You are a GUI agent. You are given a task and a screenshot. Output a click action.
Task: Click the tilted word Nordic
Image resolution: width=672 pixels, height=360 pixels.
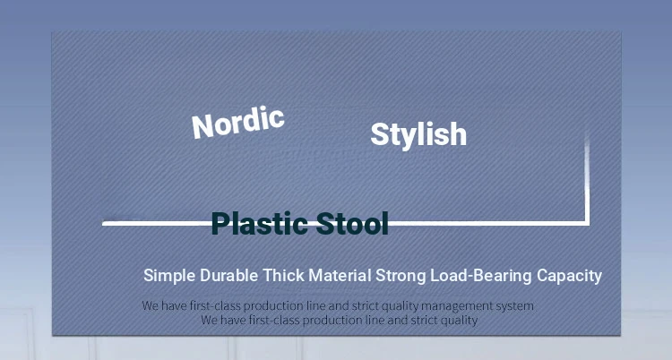tap(237, 123)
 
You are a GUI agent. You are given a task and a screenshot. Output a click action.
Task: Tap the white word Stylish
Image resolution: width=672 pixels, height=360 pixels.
tap(418, 134)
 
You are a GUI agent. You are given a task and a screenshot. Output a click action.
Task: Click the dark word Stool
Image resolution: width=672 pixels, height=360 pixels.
tap(352, 223)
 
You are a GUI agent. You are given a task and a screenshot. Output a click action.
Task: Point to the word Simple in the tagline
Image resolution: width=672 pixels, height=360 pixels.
tap(169, 276)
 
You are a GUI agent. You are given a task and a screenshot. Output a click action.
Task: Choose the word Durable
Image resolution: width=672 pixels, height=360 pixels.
tap(228, 275)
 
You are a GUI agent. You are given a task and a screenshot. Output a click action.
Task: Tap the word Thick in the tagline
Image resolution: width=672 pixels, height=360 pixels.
tap(283, 275)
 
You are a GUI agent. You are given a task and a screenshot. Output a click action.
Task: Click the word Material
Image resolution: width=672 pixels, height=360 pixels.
tap(340, 275)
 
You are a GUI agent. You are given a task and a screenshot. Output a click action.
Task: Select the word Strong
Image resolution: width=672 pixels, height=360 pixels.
tap(401, 276)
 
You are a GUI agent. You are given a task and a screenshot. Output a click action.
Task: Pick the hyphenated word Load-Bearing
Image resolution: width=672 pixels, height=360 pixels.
tap(481, 276)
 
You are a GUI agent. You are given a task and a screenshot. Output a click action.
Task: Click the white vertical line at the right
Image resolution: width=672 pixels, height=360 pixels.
tap(587, 178)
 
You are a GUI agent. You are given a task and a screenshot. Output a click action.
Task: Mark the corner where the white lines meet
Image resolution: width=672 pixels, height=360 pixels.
tap(587, 223)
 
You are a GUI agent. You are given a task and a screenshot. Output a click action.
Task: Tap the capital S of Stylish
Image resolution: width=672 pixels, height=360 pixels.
tap(380, 134)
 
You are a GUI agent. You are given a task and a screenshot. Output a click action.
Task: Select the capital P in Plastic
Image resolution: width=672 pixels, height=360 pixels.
tap(220, 223)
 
